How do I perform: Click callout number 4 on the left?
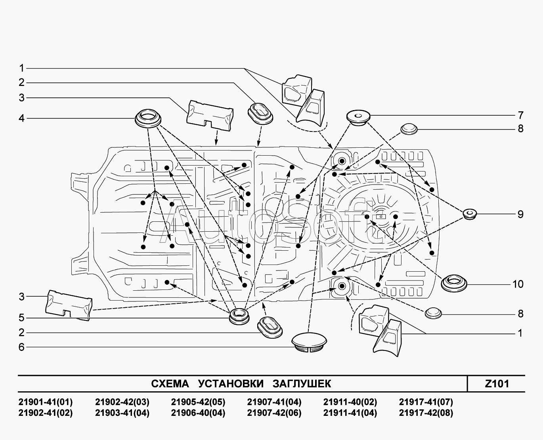click(x=22, y=118)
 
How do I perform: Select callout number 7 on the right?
click(x=520, y=115)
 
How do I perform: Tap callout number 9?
click(x=520, y=214)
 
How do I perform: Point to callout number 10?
click(x=518, y=284)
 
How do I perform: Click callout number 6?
click(x=22, y=347)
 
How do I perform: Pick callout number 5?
click(x=22, y=318)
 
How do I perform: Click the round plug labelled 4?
click(x=149, y=118)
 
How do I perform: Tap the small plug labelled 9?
click(x=470, y=213)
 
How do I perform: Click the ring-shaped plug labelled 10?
click(x=454, y=283)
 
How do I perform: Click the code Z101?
click(x=497, y=383)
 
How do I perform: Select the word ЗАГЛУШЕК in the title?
click(x=302, y=383)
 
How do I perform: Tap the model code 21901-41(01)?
click(x=46, y=402)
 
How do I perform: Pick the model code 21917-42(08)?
click(x=426, y=413)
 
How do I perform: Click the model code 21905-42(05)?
click(x=198, y=402)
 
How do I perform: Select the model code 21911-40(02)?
click(x=350, y=402)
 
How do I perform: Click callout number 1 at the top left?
click(x=22, y=68)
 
